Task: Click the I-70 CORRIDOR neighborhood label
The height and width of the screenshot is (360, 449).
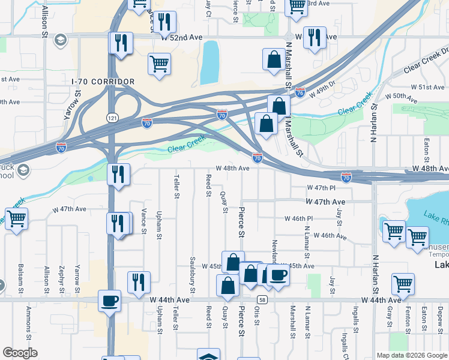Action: click(103, 81)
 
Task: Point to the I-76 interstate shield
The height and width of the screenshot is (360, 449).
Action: click(300, 93)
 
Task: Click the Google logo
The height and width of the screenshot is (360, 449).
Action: click(20, 353)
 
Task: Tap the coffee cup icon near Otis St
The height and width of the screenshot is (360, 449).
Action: click(278, 275)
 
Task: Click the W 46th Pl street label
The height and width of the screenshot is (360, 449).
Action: click(298, 218)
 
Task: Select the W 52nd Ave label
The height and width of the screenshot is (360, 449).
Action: click(182, 37)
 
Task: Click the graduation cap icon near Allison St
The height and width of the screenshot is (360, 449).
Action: click(60, 40)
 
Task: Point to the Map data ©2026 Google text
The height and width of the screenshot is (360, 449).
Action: click(411, 355)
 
